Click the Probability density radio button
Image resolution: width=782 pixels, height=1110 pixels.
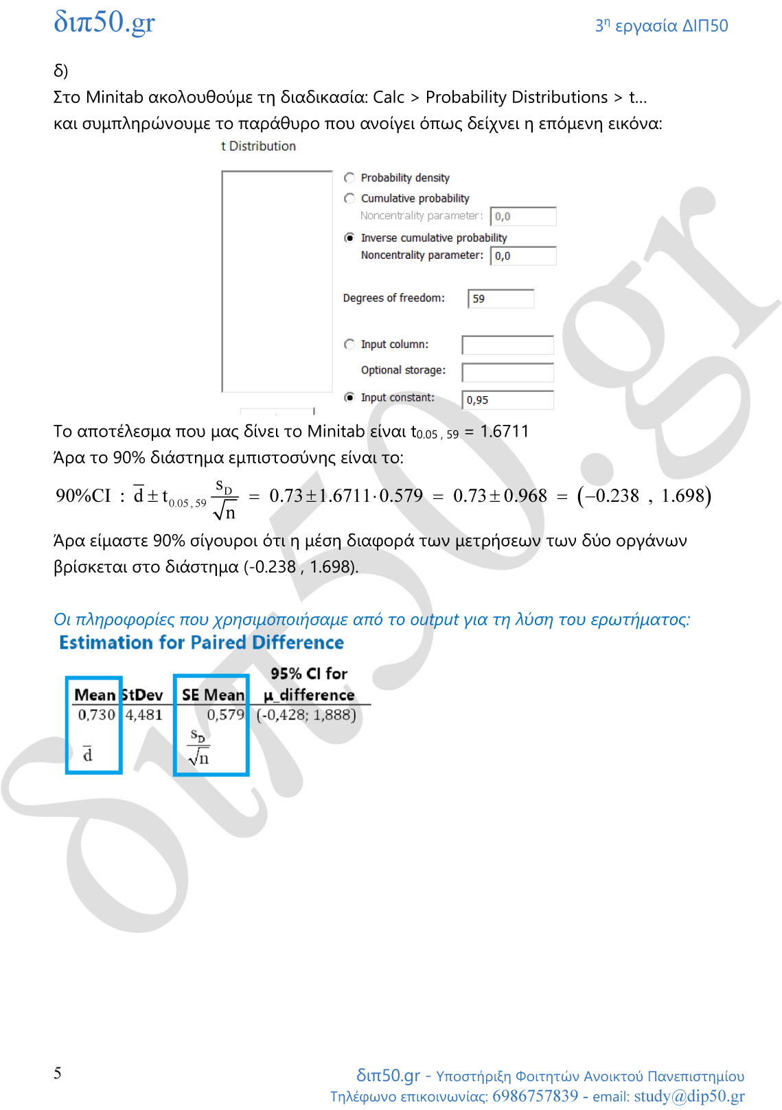(x=349, y=178)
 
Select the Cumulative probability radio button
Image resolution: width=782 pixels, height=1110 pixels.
(x=349, y=198)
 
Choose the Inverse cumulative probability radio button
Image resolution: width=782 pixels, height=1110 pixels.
(x=349, y=238)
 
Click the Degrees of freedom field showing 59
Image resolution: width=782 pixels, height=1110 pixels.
(x=501, y=299)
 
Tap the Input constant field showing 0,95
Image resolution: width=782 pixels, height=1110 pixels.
(x=508, y=400)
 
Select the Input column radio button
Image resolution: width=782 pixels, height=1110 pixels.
(x=349, y=344)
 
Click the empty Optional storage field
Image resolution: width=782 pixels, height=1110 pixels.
(x=507, y=371)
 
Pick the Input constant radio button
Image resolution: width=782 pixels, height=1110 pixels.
(x=349, y=397)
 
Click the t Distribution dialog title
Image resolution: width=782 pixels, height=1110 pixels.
(x=258, y=146)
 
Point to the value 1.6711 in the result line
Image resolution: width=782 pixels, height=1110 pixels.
(x=504, y=431)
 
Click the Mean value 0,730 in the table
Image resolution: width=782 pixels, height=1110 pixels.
(x=96, y=715)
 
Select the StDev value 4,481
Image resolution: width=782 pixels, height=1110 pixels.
(x=144, y=715)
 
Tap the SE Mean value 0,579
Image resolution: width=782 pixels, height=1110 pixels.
(x=225, y=715)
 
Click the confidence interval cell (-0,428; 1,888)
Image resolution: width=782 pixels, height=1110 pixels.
(x=306, y=715)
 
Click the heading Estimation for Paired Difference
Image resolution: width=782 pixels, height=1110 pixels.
(x=201, y=643)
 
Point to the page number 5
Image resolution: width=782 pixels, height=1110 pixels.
(x=58, y=1073)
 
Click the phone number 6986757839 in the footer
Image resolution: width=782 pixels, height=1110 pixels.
(x=535, y=1096)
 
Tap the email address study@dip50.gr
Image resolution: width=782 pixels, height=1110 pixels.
(x=689, y=1096)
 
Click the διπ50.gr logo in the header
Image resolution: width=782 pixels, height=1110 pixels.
(x=104, y=22)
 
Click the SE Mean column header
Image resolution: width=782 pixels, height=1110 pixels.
(x=213, y=695)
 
